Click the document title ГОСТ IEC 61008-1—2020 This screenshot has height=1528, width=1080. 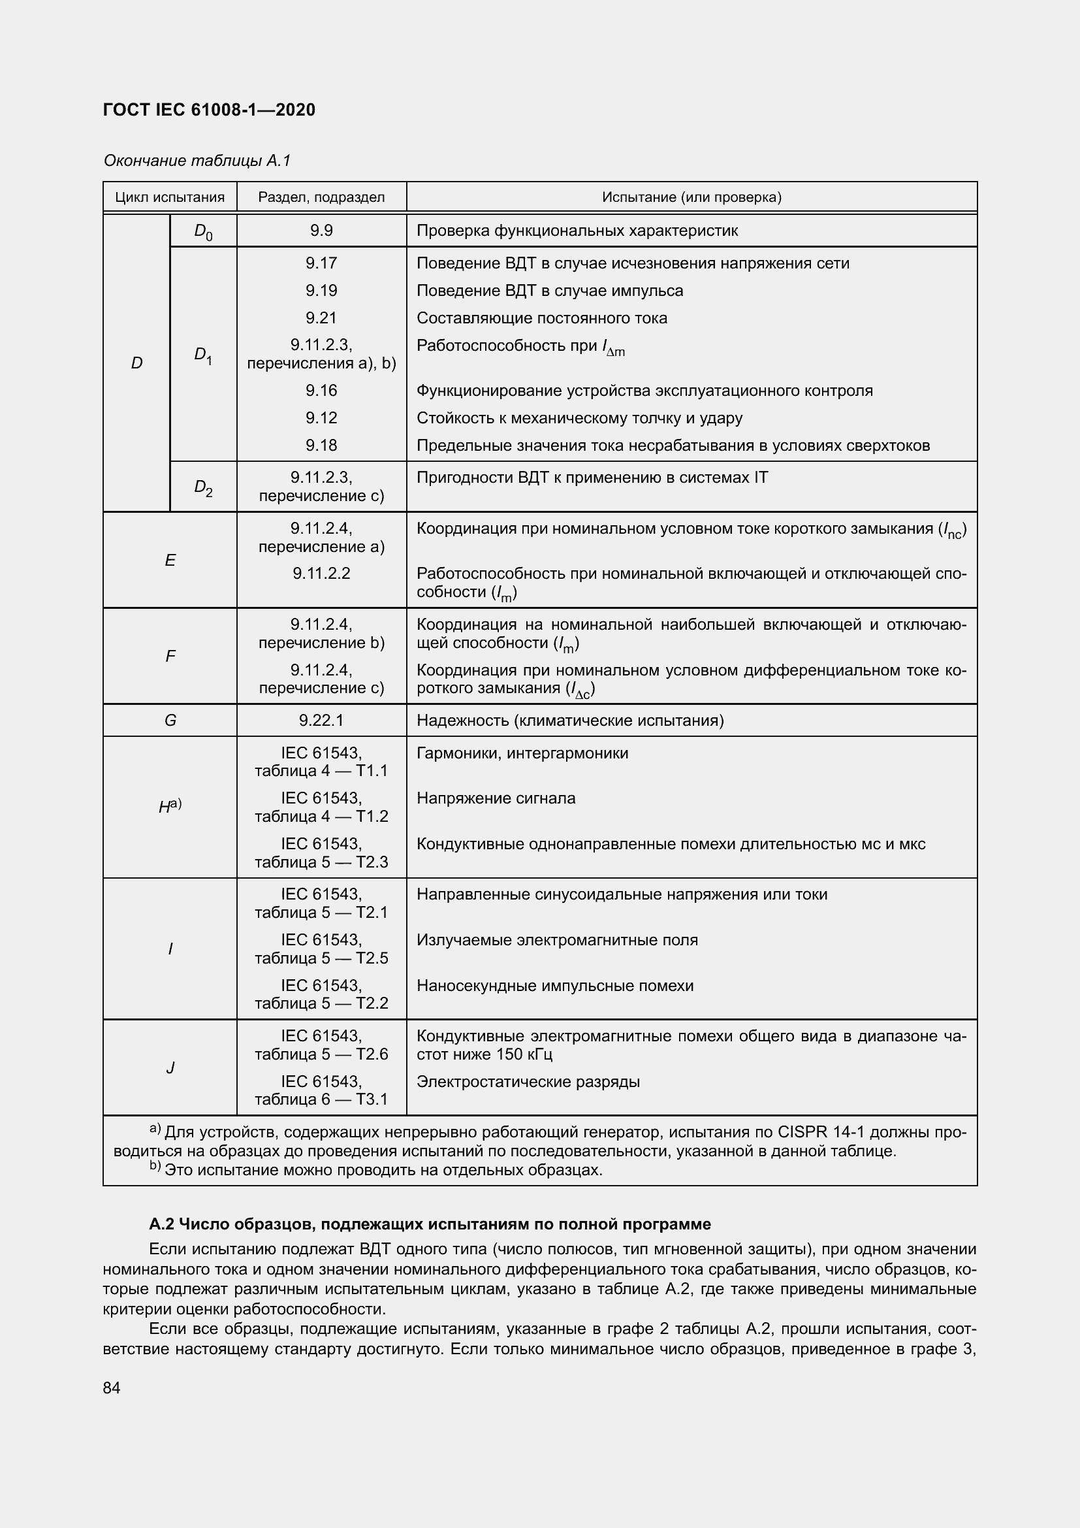(209, 110)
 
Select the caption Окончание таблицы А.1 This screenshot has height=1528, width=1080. (197, 161)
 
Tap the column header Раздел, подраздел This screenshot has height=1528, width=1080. (321, 197)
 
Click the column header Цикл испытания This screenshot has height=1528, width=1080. (170, 197)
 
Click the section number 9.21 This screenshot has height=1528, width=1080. (321, 318)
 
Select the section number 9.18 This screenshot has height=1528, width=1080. (321, 446)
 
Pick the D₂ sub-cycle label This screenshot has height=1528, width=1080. (203, 487)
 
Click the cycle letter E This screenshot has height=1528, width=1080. (170, 561)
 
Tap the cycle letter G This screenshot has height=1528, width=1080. (170, 720)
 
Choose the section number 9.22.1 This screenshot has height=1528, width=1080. (321, 720)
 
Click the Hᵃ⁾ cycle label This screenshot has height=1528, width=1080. (170, 807)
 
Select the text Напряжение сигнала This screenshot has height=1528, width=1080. (496, 798)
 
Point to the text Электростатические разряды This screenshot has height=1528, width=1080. (528, 1081)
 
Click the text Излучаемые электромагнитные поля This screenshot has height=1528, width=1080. (556, 939)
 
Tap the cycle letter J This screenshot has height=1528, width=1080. (170, 1067)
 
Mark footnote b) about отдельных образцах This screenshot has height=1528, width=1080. (375, 1170)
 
